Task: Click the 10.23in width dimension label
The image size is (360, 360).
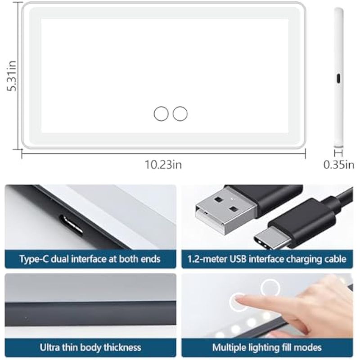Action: [x=163, y=165]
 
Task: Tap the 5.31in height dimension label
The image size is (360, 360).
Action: [x=12, y=76]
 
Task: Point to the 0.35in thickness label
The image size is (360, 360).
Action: [x=339, y=165]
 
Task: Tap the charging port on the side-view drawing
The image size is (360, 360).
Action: [x=338, y=78]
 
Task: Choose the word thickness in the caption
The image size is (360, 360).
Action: [x=122, y=347]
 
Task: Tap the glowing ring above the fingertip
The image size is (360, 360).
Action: [x=270, y=288]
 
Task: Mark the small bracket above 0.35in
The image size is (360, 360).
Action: [x=339, y=153]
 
